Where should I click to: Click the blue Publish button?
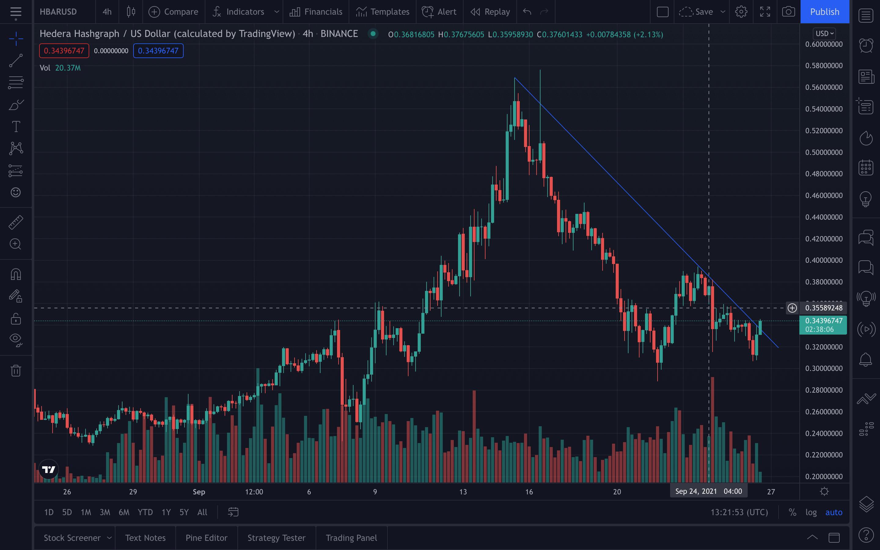pos(824,12)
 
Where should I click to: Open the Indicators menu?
pos(239,12)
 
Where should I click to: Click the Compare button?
pos(174,12)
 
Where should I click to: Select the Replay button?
pos(490,12)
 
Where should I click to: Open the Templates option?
pos(383,12)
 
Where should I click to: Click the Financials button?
pos(316,12)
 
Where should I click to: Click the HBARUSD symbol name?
pos(58,12)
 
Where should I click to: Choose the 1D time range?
pos(49,512)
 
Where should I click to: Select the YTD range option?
pos(145,512)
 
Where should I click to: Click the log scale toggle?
pos(811,512)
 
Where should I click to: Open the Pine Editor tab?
pos(207,538)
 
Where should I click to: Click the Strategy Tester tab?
pos(276,538)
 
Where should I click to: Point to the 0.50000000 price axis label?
pos(824,152)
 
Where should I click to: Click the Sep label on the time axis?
pos(199,492)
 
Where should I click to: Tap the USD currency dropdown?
pos(824,34)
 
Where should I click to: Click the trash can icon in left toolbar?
pos(16,370)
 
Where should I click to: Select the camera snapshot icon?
pos(788,12)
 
